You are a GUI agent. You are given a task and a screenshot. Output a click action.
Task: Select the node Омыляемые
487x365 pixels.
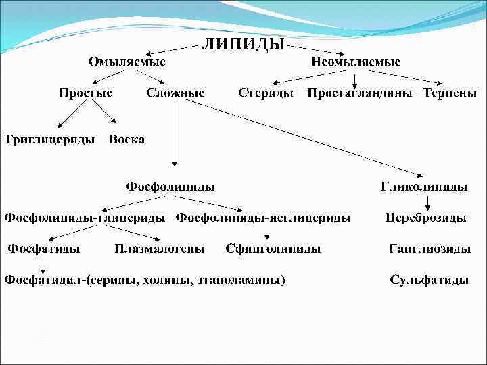click(127, 62)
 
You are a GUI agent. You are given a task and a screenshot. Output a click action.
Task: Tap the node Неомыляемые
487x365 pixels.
click(356, 62)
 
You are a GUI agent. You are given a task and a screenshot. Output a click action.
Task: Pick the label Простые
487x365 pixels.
click(85, 93)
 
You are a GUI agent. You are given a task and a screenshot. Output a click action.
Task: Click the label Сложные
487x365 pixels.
click(175, 93)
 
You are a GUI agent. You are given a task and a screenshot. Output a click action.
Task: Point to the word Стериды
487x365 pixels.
click(266, 93)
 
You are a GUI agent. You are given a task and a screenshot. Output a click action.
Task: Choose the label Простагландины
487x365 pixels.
click(360, 93)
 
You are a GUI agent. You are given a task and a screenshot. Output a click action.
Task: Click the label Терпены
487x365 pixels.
click(445, 93)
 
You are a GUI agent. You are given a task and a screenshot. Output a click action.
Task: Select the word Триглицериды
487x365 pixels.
click(50, 139)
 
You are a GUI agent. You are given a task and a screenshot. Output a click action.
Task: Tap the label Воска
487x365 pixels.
click(127, 139)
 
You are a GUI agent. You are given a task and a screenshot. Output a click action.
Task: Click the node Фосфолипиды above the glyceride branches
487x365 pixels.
click(170, 185)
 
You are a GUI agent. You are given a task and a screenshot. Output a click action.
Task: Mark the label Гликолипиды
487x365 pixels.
click(424, 186)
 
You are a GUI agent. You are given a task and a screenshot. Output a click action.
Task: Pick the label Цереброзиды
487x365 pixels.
click(426, 218)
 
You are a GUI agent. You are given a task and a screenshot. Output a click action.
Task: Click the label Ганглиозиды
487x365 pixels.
click(430, 249)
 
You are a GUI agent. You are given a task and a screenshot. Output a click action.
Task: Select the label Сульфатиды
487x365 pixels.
click(430, 280)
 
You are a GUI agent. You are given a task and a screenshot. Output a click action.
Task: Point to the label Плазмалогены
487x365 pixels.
click(160, 249)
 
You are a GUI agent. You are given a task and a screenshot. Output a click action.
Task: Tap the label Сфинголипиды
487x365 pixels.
click(273, 249)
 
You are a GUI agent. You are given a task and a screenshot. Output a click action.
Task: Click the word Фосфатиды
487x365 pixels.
click(44, 249)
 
